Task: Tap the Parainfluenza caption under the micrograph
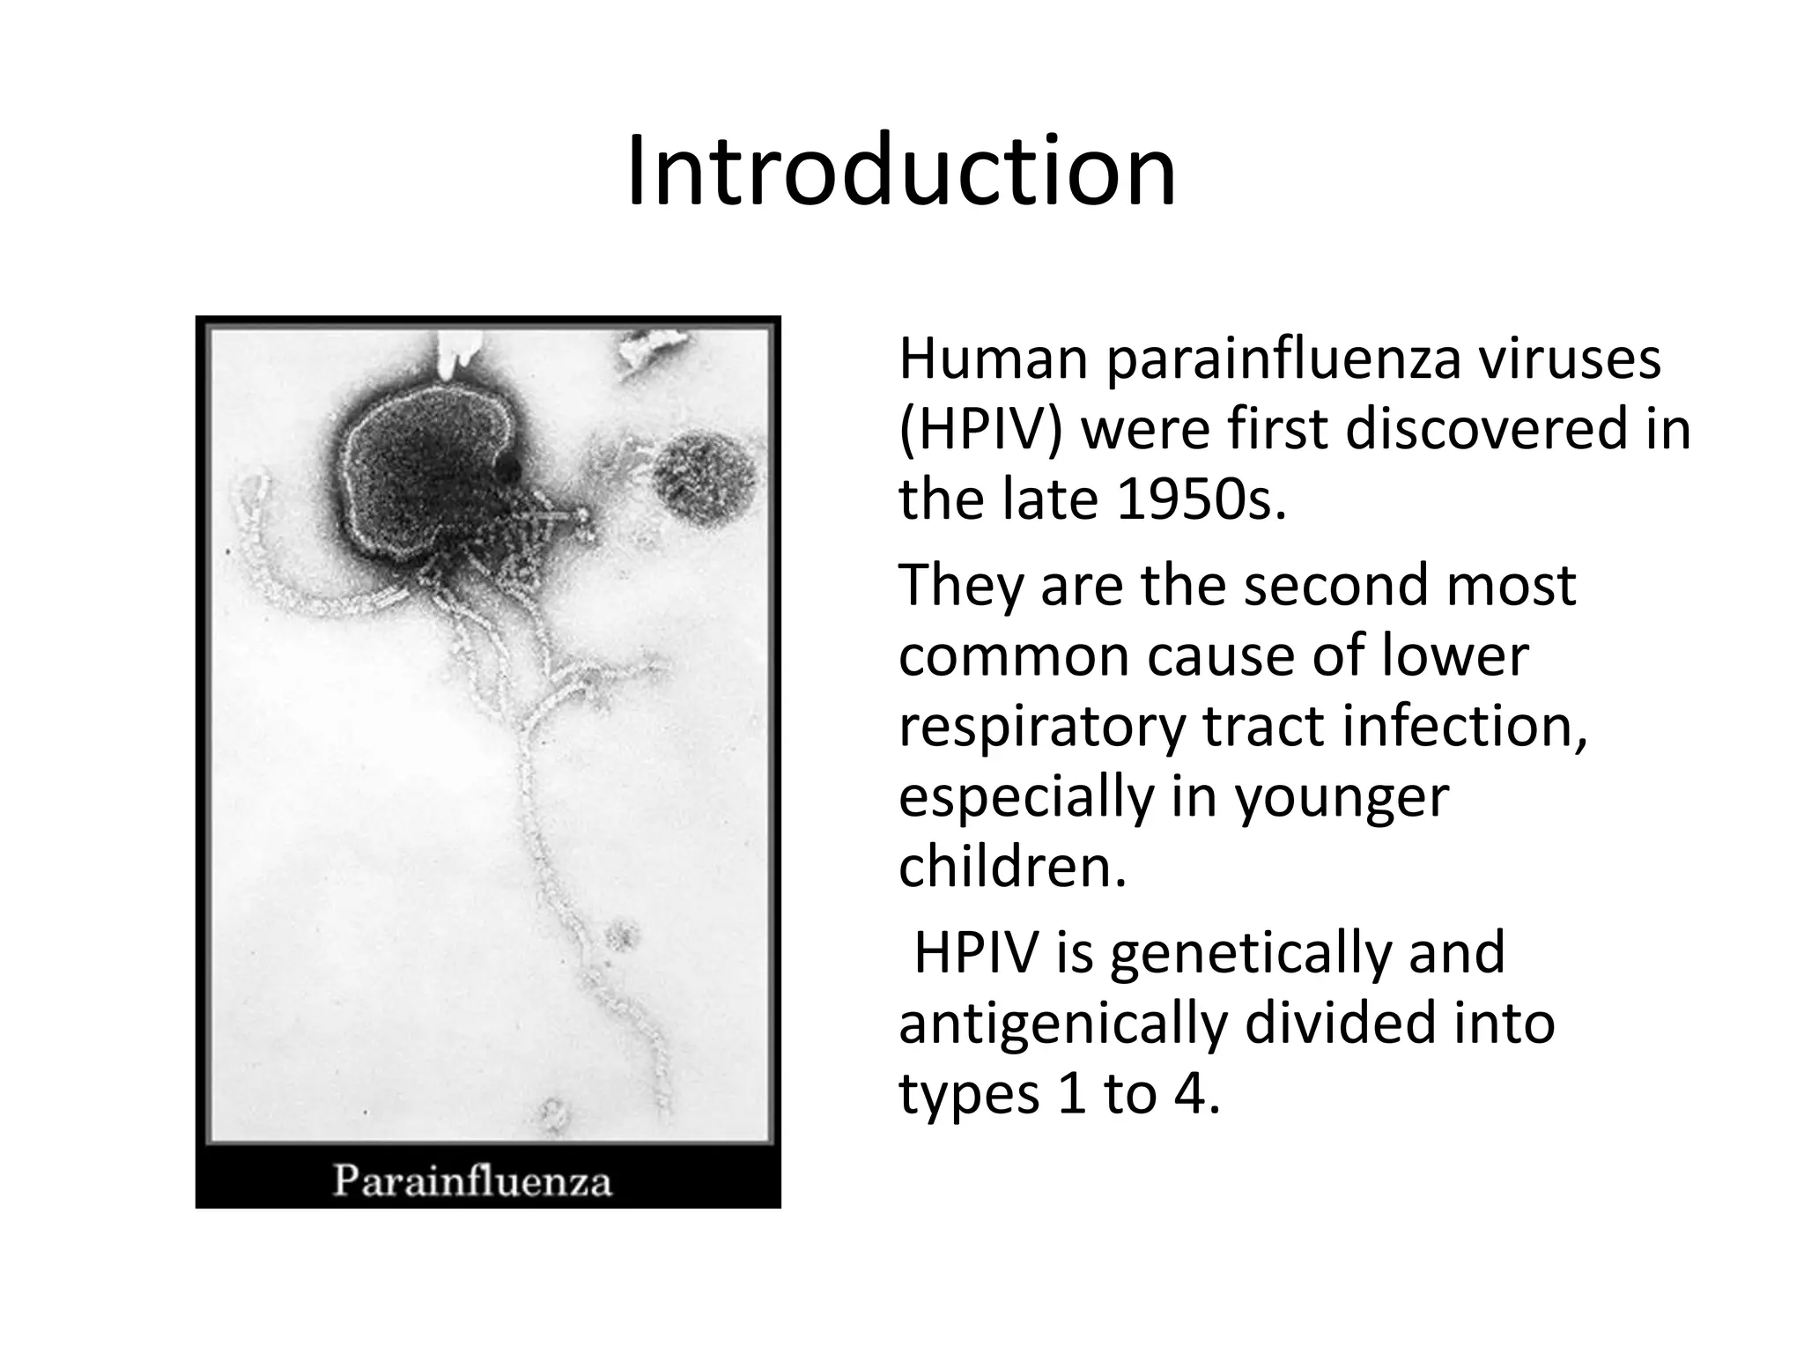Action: point(471,1180)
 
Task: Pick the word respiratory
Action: point(1043,728)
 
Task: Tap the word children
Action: point(1012,866)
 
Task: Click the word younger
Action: point(1341,798)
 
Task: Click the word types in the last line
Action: point(962,1097)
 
